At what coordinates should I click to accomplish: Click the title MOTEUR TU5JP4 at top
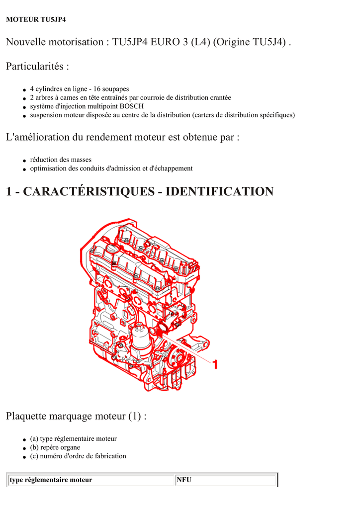click(36, 19)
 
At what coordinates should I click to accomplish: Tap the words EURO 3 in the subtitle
click(169, 42)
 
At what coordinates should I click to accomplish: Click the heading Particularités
click(37, 66)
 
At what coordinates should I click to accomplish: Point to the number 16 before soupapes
click(97, 89)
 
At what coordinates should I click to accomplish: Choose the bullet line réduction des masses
click(61, 160)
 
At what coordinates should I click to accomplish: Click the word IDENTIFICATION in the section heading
click(219, 191)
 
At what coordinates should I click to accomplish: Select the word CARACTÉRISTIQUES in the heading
click(89, 191)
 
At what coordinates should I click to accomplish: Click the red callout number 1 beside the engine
click(215, 364)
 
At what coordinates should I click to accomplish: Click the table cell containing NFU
click(226, 480)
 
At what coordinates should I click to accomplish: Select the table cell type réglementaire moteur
click(90, 480)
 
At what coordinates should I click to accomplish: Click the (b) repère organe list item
click(55, 447)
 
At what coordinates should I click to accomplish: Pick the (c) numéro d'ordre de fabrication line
click(78, 456)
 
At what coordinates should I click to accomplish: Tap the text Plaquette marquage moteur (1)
click(76, 416)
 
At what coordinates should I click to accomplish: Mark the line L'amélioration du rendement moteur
click(123, 137)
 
